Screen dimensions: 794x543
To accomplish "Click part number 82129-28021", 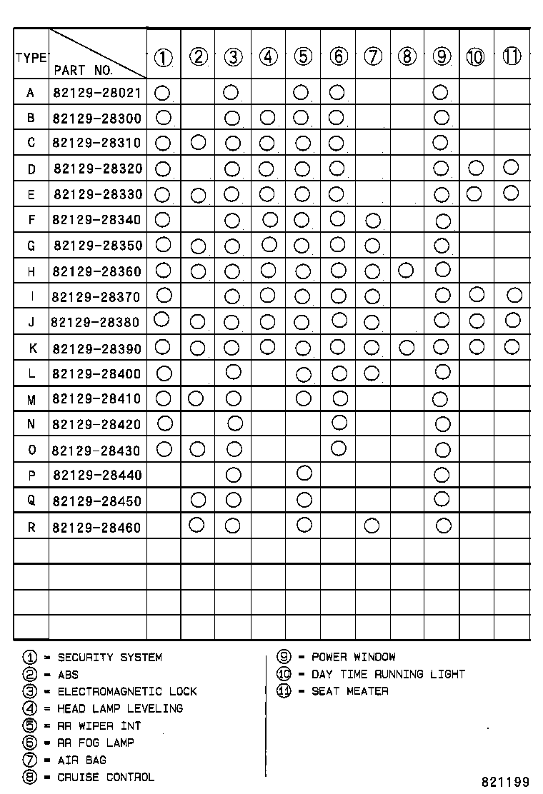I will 97,93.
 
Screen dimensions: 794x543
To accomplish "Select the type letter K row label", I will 31,348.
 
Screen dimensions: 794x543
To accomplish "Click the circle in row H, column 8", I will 406,270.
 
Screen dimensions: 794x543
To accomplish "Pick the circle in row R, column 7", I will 372,526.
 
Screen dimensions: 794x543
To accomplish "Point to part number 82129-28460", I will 97,528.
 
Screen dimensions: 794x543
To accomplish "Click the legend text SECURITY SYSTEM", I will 109,657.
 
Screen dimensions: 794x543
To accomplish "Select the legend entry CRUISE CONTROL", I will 105,777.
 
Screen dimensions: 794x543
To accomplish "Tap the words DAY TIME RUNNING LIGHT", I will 388,674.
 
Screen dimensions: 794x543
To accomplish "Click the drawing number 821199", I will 504,782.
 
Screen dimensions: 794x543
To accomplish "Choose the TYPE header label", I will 31,58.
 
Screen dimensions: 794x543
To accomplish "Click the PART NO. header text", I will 83,70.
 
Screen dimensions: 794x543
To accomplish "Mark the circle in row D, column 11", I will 510,167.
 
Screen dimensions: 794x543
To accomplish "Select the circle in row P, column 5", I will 304,473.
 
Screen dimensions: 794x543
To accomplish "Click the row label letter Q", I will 31,501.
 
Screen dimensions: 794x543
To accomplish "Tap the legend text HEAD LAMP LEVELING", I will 120,708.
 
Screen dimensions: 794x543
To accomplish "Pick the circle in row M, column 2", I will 196,397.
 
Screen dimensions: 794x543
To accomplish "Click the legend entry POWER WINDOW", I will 353,657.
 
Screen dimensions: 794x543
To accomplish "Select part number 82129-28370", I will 97,297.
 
